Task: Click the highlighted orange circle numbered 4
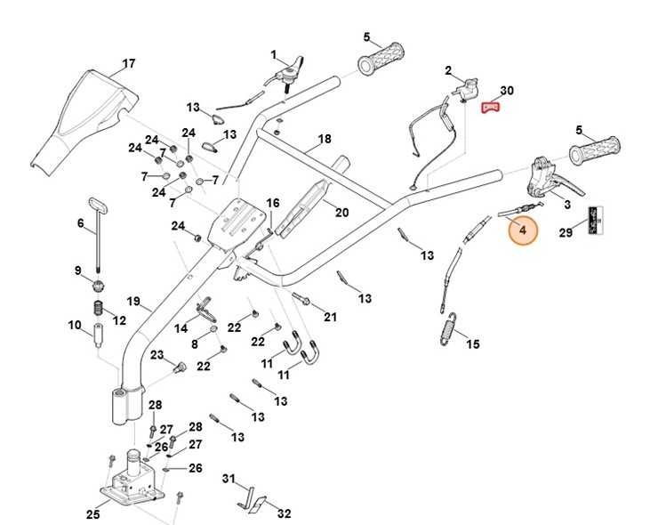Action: click(x=523, y=230)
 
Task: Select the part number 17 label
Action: click(x=129, y=64)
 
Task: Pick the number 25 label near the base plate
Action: click(x=92, y=513)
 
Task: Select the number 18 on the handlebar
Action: click(x=325, y=140)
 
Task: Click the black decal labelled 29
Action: click(x=598, y=219)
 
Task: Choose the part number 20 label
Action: click(x=341, y=212)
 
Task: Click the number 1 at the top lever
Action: click(x=274, y=54)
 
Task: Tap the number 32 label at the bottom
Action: click(x=285, y=513)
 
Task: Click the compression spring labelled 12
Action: click(x=99, y=312)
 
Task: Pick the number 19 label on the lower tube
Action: click(x=133, y=301)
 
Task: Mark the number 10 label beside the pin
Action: click(x=75, y=325)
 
